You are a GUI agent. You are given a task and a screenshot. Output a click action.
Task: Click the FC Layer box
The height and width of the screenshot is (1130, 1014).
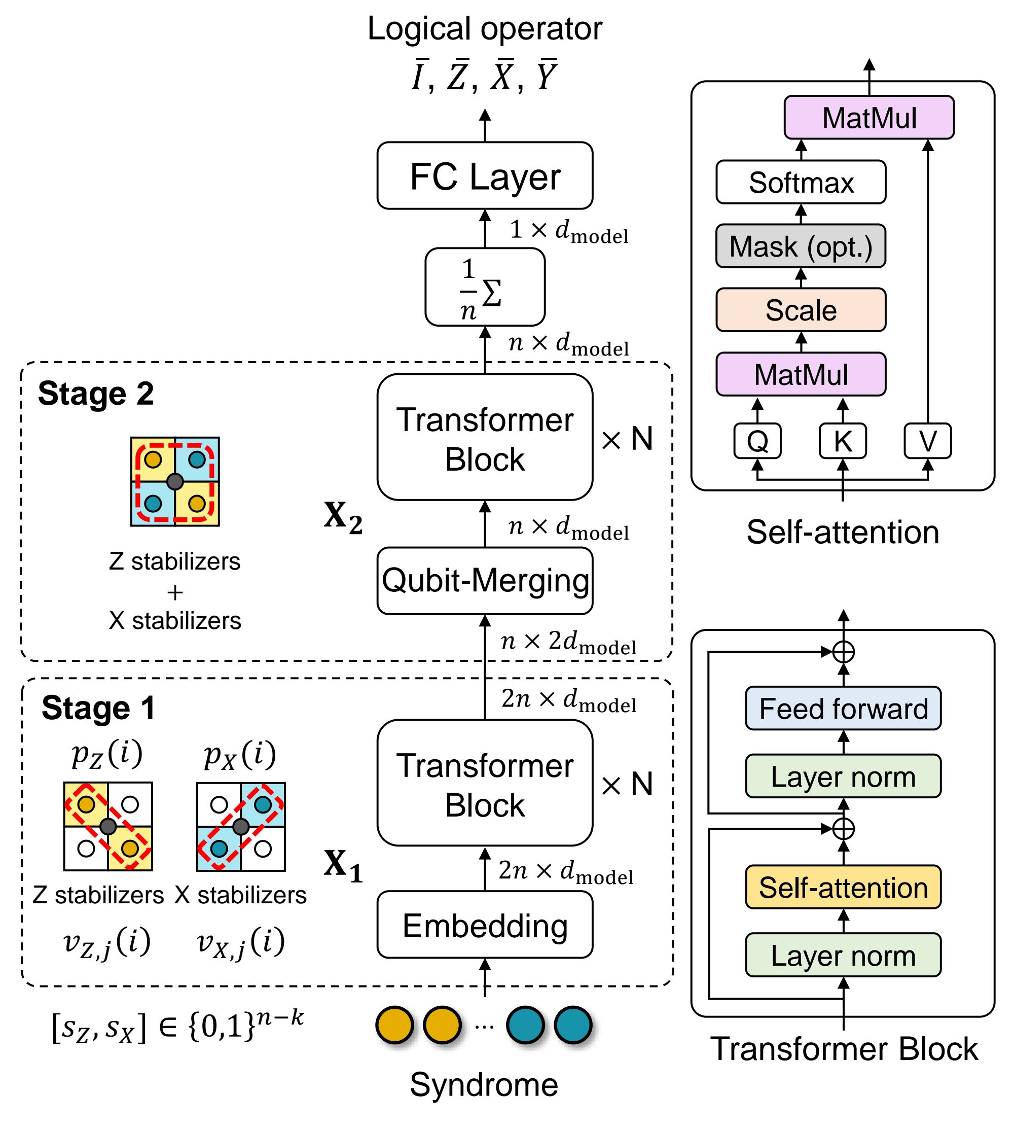pyautogui.click(x=485, y=175)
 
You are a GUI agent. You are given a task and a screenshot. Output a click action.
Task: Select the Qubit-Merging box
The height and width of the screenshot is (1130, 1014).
pyautogui.click(x=485, y=581)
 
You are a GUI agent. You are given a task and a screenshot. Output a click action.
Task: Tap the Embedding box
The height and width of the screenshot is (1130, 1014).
pyautogui.click(x=485, y=926)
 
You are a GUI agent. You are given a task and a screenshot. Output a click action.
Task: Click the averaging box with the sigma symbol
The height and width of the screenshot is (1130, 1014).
pyautogui.click(x=485, y=287)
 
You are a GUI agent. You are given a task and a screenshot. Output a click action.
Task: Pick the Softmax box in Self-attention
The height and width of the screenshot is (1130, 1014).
pyautogui.click(x=801, y=182)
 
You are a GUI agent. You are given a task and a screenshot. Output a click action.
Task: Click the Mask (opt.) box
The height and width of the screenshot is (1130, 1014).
pyautogui.click(x=801, y=246)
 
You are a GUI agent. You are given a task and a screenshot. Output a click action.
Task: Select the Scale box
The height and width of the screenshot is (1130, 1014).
pyautogui.click(x=801, y=310)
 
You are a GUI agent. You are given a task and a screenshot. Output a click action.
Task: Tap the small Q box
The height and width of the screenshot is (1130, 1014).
pyautogui.click(x=757, y=441)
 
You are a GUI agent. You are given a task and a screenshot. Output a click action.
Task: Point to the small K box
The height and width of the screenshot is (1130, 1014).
pyautogui.click(x=843, y=441)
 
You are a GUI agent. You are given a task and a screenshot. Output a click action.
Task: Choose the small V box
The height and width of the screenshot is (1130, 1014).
pyautogui.click(x=928, y=441)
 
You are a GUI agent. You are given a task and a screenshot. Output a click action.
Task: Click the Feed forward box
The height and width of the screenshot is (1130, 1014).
pyautogui.click(x=843, y=708)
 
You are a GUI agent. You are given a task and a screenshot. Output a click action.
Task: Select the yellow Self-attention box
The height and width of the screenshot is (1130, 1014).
pyautogui.click(x=843, y=887)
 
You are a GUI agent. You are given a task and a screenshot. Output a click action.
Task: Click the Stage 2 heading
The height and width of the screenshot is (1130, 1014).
pyautogui.click(x=96, y=394)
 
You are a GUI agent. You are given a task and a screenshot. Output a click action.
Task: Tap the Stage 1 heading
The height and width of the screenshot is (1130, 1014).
pyautogui.click(x=99, y=708)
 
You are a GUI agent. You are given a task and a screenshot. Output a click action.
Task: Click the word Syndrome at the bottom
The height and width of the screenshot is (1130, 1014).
pyautogui.click(x=484, y=1084)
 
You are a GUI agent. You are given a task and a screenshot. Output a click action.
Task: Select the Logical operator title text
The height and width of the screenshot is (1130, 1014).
pyautogui.click(x=485, y=29)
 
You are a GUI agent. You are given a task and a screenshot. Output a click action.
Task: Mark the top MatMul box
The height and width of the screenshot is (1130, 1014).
pyautogui.click(x=868, y=118)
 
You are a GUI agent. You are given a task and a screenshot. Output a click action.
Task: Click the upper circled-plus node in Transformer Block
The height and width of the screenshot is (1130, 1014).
pyautogui.click(x=844, y=651)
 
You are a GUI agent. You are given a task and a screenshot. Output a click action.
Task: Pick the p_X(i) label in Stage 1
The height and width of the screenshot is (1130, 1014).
pyautogui.click(x=240, y=755)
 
